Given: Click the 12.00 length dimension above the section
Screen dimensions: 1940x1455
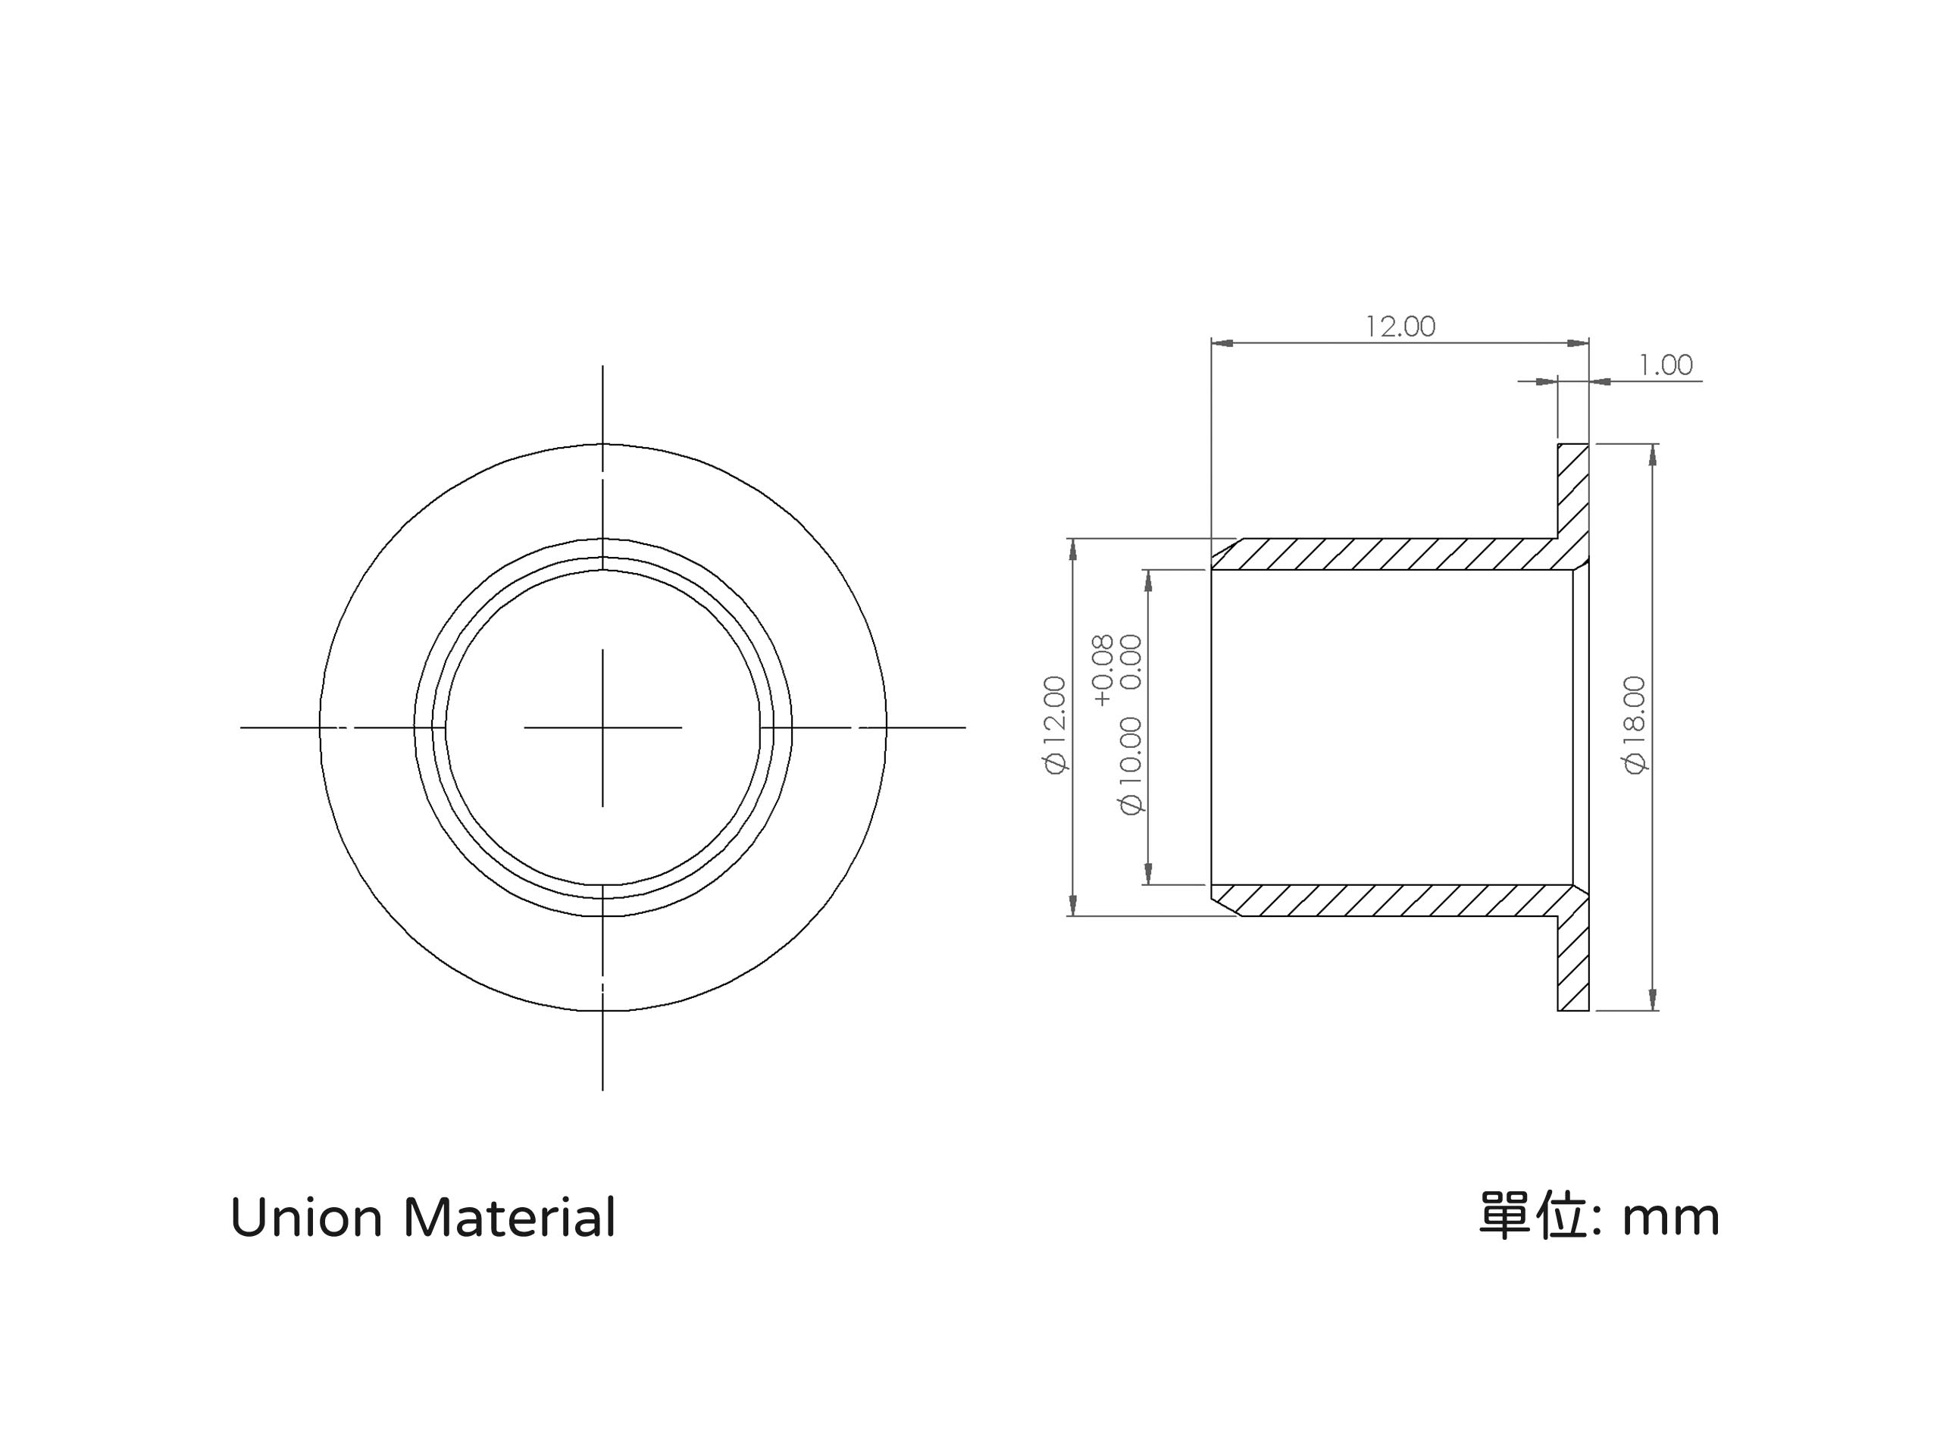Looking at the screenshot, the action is [1400, 327].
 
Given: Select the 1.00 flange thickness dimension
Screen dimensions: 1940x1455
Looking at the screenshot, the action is [1666, 365].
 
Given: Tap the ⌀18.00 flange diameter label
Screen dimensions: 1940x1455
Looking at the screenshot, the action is [1635, 724].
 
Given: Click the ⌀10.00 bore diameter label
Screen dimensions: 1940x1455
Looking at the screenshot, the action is [1131, 765].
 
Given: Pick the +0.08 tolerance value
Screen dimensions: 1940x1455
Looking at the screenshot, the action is [1103, 670].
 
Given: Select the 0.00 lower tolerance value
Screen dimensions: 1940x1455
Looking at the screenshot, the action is [1131, 662].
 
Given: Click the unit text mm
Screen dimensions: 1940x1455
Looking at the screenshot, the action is [1671, 1219].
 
